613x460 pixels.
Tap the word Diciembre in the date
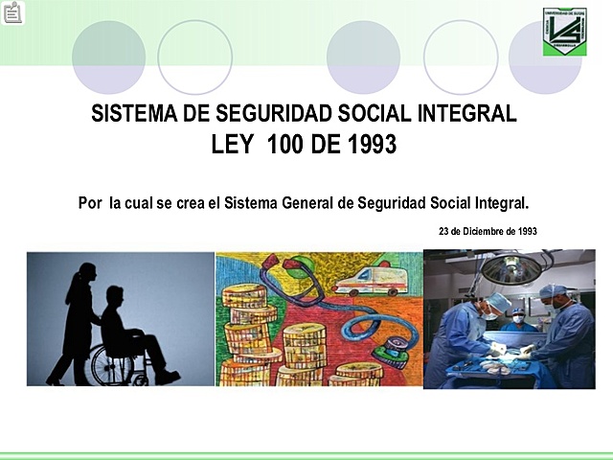(x=488, y=231)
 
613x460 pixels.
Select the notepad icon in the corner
(x=13, y=13)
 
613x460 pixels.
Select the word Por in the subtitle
(x=90, y=203)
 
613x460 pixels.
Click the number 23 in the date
(x=444, y=231)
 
